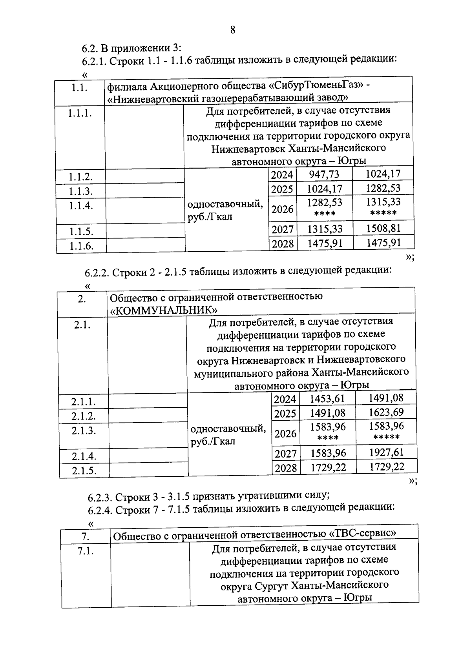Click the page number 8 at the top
pyautogui.click(x=233, y=30)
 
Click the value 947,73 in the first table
pyautogui.click(x=324, y=174)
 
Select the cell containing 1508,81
pyautogui.click(x=383, y=228)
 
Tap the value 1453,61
pyautogui.click(x=327, y=399)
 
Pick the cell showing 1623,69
pyautogui.click(x=386, y=412)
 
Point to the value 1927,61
pyautogui.click(x=386, y=452)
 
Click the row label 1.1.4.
pyautogui.click(x=81, y=205)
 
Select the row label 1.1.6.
pyautogui.click(x=81, y=246)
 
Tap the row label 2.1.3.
pyautogui.click(x=84, y=430)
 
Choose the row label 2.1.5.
pyautogui.click(x=84, y=470)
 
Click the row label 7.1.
pyautogui.click(x=86, y=551)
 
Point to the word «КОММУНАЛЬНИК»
pyautogui.click(x=164, y=310)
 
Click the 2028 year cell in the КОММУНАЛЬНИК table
pyautogui.click(x=286, y=468)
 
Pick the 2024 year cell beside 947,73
pyautogui.click(x=282, y=175)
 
